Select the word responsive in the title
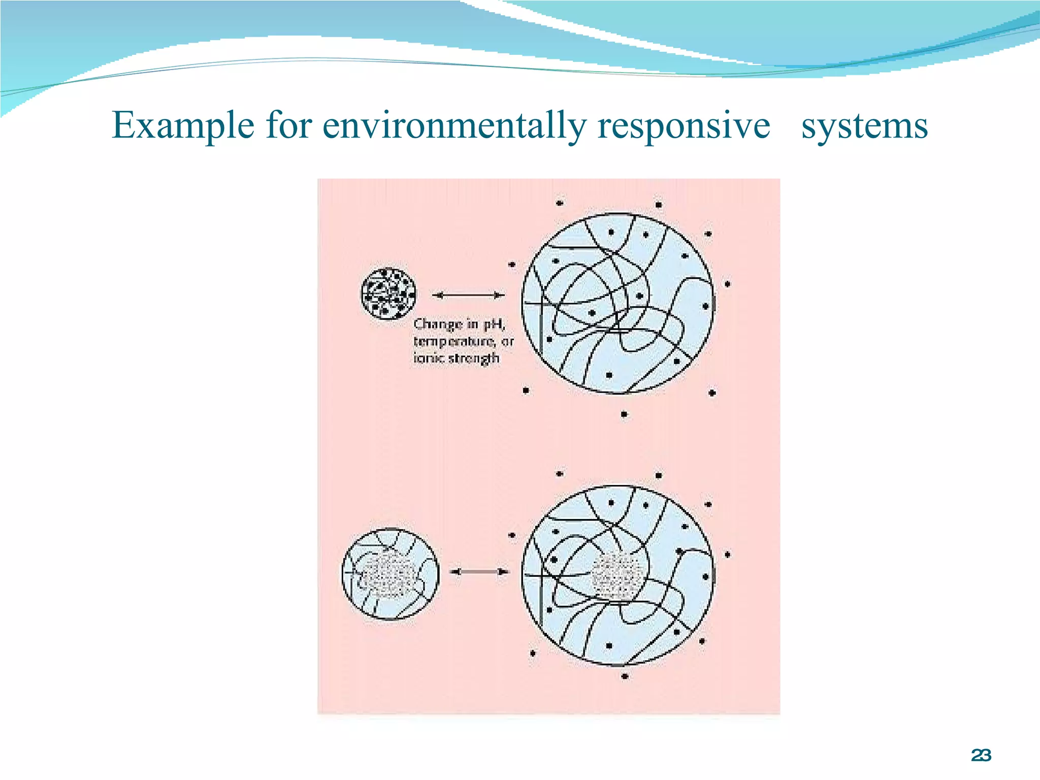coord(684,125)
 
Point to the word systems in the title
coord(864,125)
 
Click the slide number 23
coord(981,756)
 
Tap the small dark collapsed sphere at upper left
coord(388,294)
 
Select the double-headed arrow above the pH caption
coord(468,295)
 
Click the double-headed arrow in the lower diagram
coord(479,572)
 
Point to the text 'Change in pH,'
coord(459,324)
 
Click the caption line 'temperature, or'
coord(463,341)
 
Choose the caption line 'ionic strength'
coord(456,359)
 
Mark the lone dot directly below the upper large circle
coord(624,414)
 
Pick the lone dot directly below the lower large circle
coord(625,676)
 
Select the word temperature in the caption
coord(454,341)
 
